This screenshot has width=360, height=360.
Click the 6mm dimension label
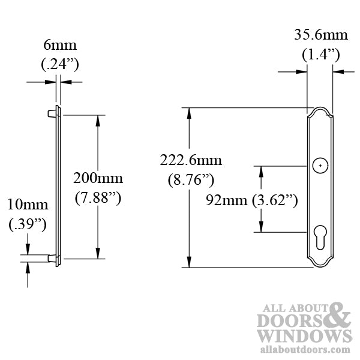click(60, 46)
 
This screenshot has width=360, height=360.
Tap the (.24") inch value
click(60, 63)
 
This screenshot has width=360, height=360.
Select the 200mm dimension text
click(98, 178)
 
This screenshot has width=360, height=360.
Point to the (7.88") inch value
click(98, 197)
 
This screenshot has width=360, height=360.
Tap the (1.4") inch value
click(320, 55)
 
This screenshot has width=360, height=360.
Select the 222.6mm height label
click(191, 160)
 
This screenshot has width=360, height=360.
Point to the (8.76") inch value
click(191, 179)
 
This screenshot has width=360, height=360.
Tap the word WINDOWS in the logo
click(304, 336)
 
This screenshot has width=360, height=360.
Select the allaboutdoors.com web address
click(304, 349)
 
